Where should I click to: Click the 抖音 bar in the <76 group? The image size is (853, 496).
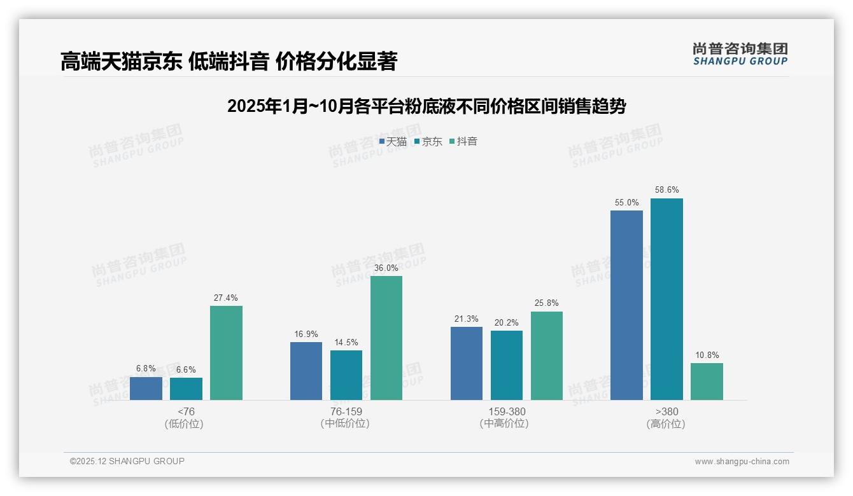click(x=226, y=353)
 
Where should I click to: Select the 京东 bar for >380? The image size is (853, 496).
click(x=666, y=299)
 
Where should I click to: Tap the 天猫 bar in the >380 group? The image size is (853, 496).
click(x=626, y=305)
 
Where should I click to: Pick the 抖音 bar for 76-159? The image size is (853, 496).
click(x=386, y=338)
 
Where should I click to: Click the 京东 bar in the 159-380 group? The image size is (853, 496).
click(x=507, y=365)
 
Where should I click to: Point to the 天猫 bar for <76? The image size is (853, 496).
click(x=146, y=389)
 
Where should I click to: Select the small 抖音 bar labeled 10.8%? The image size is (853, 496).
click(x=707, y=382)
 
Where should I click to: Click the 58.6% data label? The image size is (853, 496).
click(x=666, y=190)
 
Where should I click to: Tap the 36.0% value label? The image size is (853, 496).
click(x=386, y=268)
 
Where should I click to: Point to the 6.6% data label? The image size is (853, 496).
click(x=186, y=369)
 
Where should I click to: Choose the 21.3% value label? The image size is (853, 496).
click(x=467, y=319)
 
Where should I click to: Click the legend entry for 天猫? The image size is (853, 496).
click(x=393, y=142)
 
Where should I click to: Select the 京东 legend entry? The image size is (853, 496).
click(x=428, y=142)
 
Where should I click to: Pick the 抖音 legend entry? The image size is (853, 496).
click(x=463, y=142)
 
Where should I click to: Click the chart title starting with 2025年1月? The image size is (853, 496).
click(x=427, y=106)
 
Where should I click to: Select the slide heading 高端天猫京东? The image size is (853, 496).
click(x=229, y=62)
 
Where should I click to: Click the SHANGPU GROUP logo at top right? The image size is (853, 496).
click(x=740, y=54)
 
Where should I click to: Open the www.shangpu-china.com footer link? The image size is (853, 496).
click(x=742, y=462)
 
